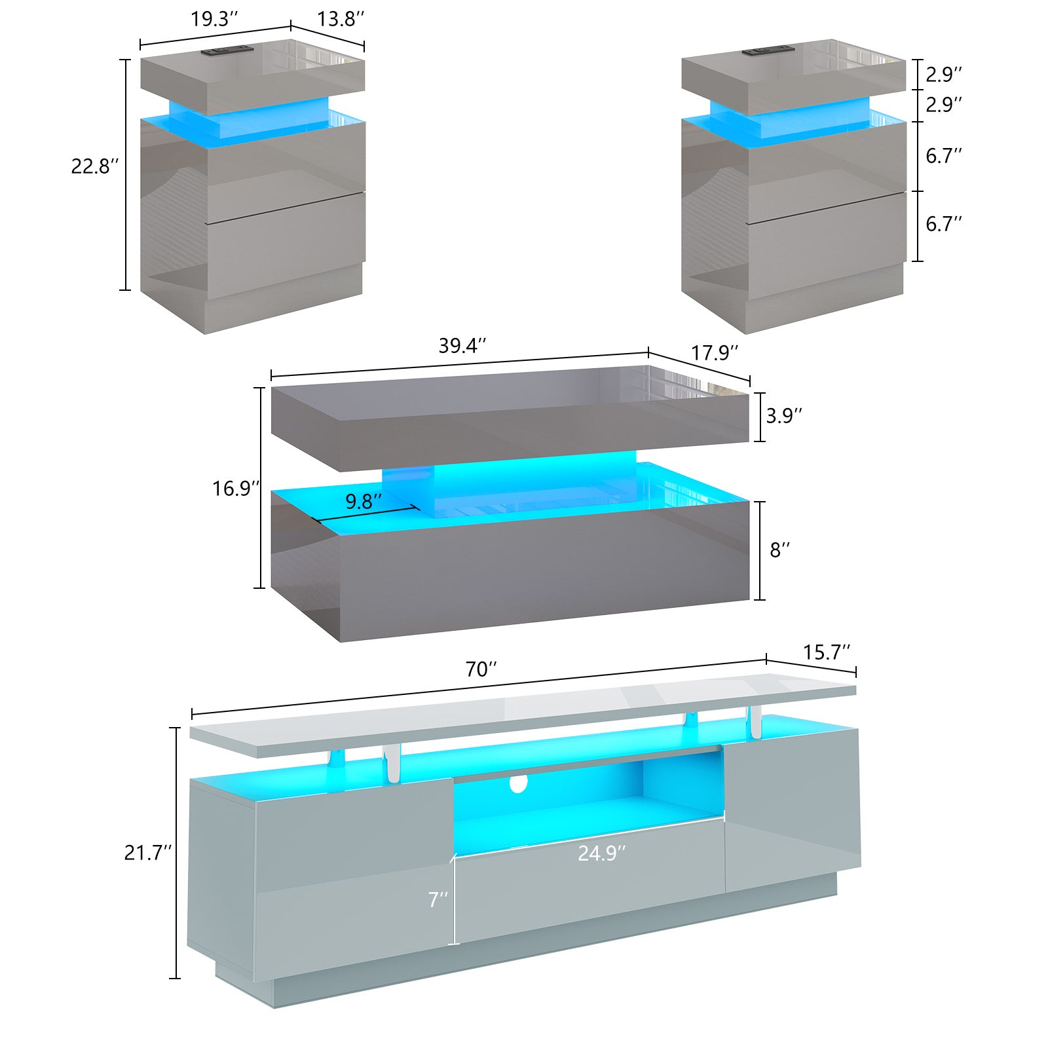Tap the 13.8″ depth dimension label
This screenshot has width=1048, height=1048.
click(341, 19)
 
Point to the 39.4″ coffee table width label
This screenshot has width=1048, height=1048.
click(463, 345)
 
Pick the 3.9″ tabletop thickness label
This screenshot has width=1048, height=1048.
click(784, 415)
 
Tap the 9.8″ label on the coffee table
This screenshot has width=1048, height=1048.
click(364, 501)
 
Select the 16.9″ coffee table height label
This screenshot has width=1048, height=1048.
click(236, 488)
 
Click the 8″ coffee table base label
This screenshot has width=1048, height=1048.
click(779, 550)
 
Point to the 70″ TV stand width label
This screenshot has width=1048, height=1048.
click(481, 669)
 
